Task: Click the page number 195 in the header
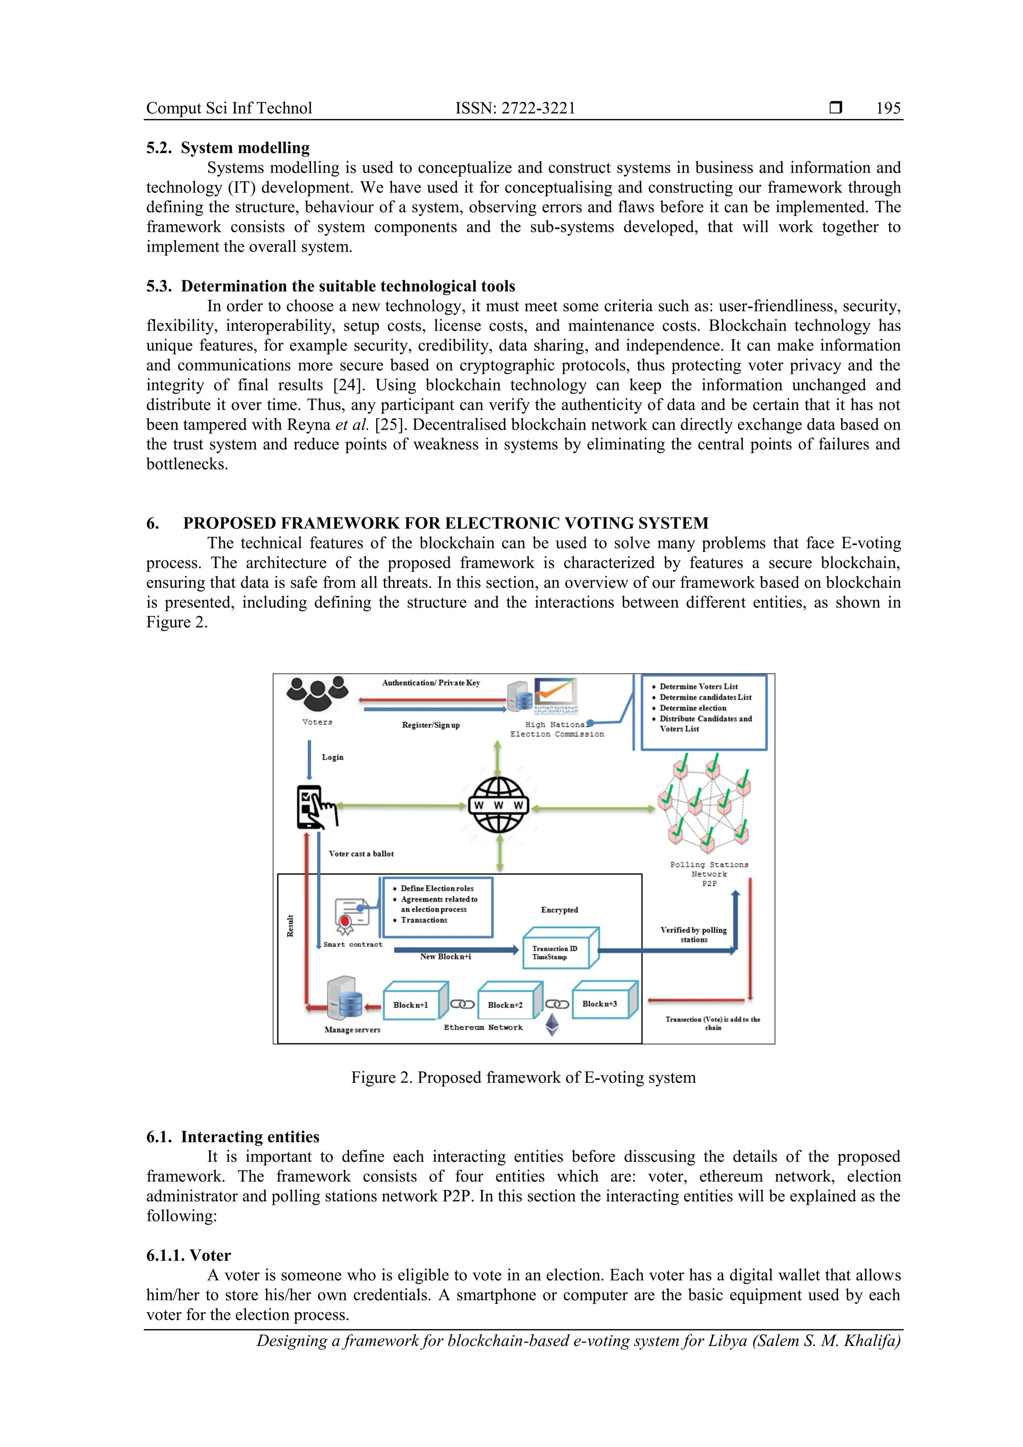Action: pos(888,108)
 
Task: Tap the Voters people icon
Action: pos(317,694)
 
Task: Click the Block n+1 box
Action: pos(411,1004)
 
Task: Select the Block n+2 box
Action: pos(506,1004)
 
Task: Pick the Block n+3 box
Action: pos(600,1003)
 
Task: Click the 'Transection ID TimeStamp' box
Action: pos(556,953)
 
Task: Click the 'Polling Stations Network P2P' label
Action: pos(709,874)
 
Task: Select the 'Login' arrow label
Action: pos(333,757)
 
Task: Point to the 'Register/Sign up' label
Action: pos(431,725)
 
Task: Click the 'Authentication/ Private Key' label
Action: pos(431,682)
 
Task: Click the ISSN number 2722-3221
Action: pos(538,108)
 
